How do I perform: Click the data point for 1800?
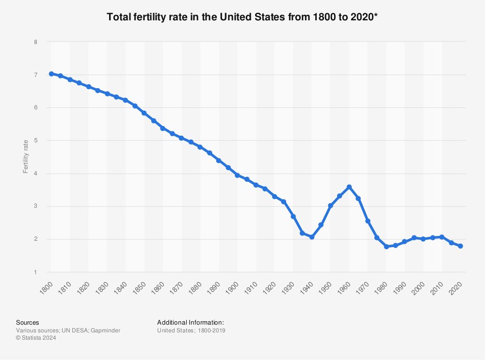(51, 74)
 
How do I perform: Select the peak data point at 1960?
(349, 187)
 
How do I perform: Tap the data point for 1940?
(312, 237)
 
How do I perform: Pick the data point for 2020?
(460, 246)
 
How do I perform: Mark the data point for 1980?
(386, 247)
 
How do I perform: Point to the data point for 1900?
(237, 175)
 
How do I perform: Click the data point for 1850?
(144, 113)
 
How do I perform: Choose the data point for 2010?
(442, 237)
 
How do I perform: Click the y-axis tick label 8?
(35, 42)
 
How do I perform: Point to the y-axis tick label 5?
(35, 141)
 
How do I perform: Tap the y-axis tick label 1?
(35, 272)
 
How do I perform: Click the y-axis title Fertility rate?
(25, 157)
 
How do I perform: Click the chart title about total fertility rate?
(242, 17)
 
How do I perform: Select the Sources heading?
(28, 322)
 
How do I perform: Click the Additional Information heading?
(191, 322)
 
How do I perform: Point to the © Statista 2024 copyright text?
(36, 338)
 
